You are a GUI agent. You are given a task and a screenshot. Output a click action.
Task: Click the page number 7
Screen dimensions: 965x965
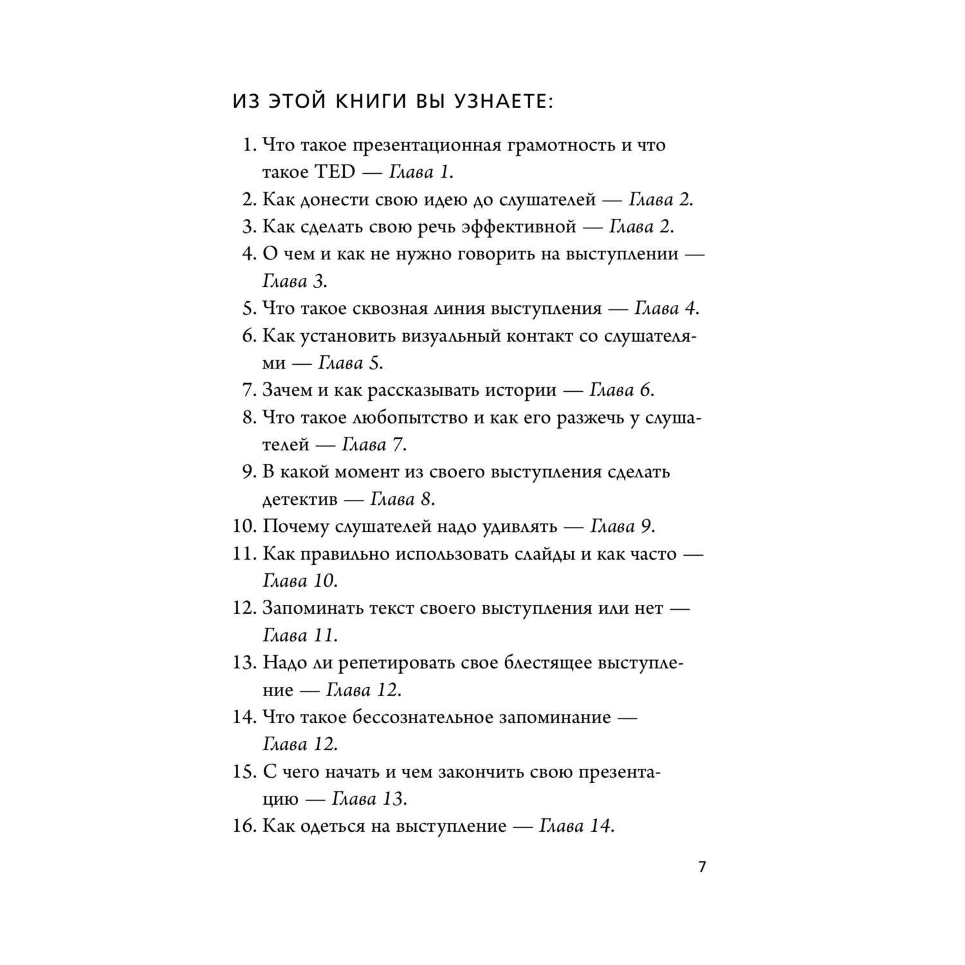click(x=702, y=867)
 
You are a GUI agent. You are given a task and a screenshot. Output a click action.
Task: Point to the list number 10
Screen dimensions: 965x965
click(x=244, y=526)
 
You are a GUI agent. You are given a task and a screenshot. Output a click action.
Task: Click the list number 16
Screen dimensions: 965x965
click(x=244, y=826)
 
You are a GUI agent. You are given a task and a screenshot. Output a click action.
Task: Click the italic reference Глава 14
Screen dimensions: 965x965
click(x=574, y=826)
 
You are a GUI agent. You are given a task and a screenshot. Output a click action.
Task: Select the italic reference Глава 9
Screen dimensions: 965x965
click(x=621, y=526)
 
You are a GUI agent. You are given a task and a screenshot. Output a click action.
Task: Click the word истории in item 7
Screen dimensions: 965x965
click(x=520, y=390)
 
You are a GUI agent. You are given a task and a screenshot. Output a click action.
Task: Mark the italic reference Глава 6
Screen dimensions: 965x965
click(x=620, y=390)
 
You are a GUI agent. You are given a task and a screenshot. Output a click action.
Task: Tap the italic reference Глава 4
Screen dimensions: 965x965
click(x=665, y=308)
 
